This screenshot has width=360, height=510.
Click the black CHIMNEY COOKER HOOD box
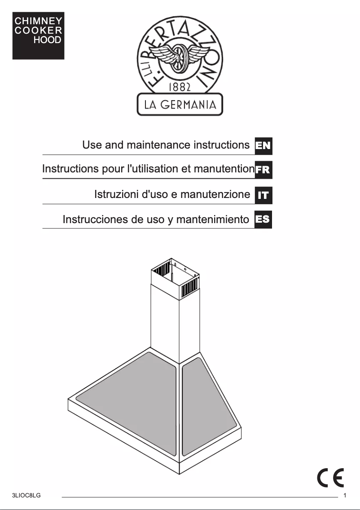38,35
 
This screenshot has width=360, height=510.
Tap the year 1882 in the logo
180,86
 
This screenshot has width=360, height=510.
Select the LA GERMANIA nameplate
180,105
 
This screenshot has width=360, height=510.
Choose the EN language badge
263,145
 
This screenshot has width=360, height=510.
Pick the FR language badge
263,170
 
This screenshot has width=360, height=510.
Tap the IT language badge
263,195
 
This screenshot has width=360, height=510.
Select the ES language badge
263,220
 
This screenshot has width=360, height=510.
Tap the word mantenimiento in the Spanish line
212,220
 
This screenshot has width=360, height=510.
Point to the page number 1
345,496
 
